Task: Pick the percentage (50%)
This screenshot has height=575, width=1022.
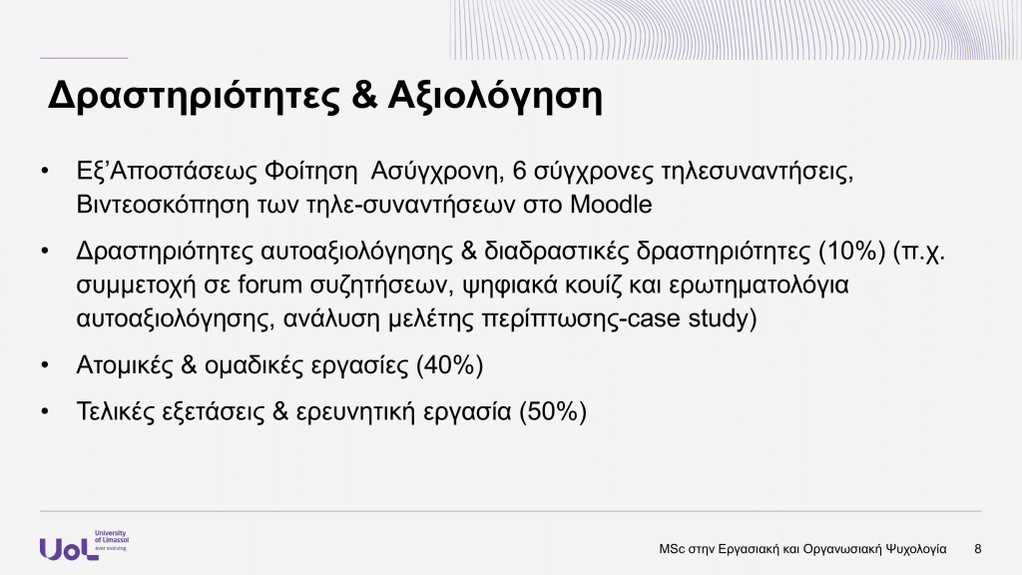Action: tap(552, 411)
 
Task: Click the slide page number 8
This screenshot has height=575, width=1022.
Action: tap(977, 549)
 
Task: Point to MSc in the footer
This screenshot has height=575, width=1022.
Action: tap(672, 549)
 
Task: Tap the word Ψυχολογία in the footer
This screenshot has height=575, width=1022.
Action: tap(912, 549)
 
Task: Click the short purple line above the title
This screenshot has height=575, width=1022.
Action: tap(84, 58)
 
